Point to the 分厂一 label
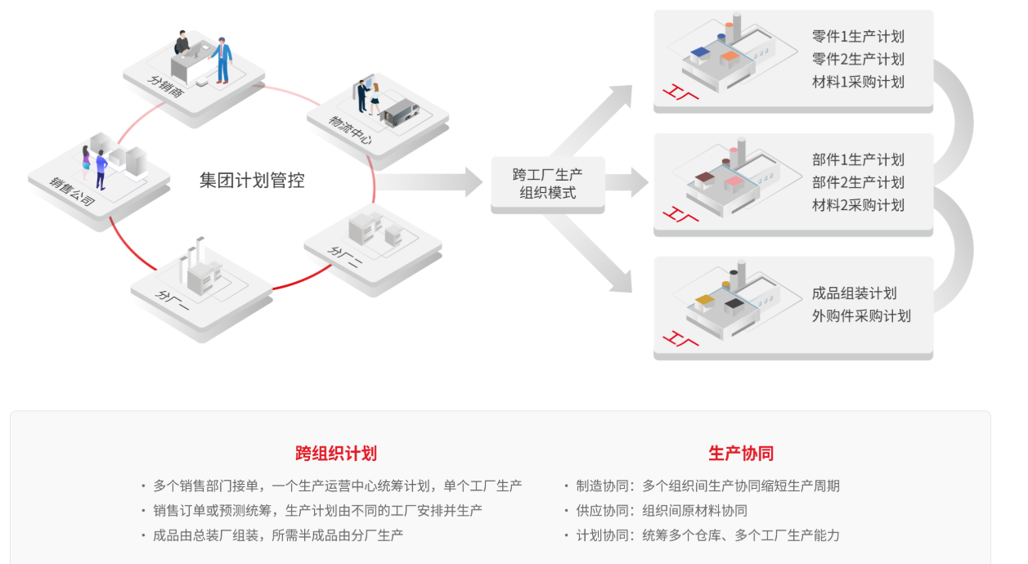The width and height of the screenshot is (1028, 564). [x=173, y=302]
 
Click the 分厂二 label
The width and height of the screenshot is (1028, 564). [x=347, y=257]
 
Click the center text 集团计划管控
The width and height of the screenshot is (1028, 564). [x=252, y=181]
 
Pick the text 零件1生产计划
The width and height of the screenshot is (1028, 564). [x=858, y=37]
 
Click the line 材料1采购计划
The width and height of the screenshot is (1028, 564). [x=858, y=82]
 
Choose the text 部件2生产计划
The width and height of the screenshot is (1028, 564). [x=858, y=182]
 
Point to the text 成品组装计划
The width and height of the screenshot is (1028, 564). [x=854, y=293]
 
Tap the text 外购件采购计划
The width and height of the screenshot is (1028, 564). [x=861, y=316]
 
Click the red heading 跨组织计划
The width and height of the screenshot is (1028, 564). [x=336, y=454]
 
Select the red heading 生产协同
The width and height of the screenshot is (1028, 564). [x=741, y=454]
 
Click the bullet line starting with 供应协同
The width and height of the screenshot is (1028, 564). [x=662, y=511]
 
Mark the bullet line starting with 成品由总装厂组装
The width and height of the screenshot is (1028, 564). [x=278, y=535]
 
